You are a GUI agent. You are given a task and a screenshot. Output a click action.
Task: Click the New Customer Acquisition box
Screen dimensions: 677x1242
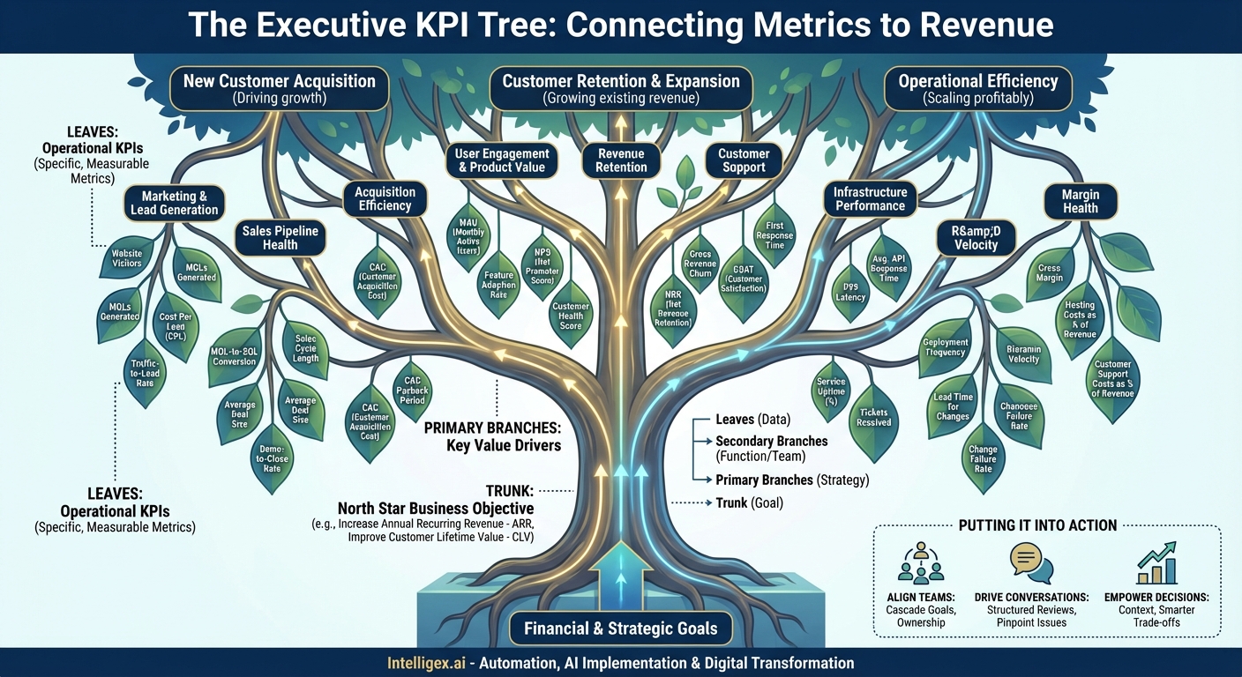pyautogui.click(x=279, y=89)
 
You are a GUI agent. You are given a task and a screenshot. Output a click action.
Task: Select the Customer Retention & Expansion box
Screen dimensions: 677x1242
pyautogui.click(x=621, y=89)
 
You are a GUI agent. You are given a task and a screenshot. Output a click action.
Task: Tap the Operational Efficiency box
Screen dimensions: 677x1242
pyautogui.click(x=977, y=89)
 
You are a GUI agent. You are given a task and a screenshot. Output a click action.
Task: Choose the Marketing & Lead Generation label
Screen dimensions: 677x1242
pyautogui.click(x=175, y=203)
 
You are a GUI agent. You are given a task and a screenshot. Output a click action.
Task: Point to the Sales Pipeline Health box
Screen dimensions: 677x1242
pyautogui.click(x=280, y=237)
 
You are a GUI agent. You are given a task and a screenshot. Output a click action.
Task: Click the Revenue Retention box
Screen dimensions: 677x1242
pyautogui.click(x=622, y=160)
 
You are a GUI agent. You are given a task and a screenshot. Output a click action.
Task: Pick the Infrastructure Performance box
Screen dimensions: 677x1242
pyautogui.click(x=870, y=199)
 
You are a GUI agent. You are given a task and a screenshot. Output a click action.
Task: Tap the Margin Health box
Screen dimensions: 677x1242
pyautogui.click(x=1080, y=201)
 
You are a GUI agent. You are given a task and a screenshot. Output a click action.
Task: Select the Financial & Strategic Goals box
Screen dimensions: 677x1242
pyautogui.click(x=621, y=629)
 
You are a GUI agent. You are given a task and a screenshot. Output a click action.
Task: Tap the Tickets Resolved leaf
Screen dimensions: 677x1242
pyautogui.click(x=873, y=416)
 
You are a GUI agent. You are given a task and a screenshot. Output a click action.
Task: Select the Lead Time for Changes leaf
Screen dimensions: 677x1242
pyautogui.click(x=953, y=406)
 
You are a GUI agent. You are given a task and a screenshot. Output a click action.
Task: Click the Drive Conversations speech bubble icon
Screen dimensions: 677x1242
pyautogui.click(x=1026, y=564)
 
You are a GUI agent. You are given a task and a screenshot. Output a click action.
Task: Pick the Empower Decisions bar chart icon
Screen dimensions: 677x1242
pyautogui.click(x=1156, y=564)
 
